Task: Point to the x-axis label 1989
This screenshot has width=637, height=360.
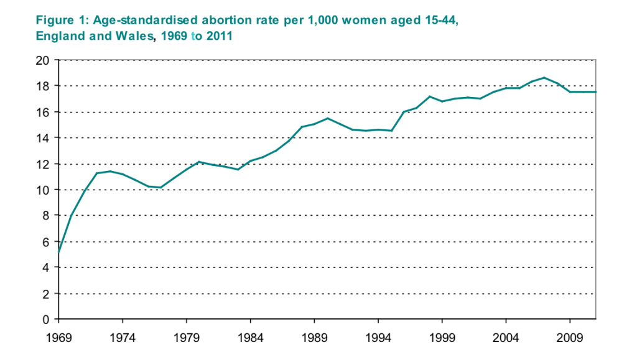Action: tap(314, 339)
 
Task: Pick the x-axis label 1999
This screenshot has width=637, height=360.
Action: tap(442, 339)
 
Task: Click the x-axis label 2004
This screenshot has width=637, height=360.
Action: tap(506, 339)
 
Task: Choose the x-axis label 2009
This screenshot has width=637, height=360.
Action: tap(570, 339)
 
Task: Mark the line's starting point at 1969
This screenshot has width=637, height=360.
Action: tap(58, 252)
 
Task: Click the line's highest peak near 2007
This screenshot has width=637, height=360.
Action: tap(544, 78)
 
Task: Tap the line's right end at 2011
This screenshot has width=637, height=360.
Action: tap(595, 92)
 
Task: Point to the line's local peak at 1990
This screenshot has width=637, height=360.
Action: tap(327, 118)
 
